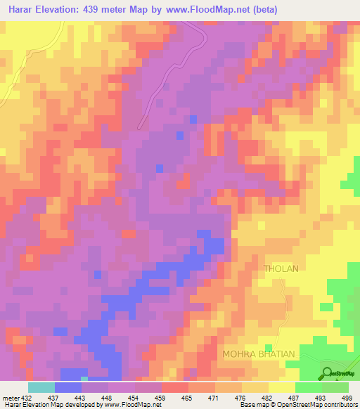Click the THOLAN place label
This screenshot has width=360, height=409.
click(x=281, y=268)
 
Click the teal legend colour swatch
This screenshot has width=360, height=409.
click(x=41, y=387)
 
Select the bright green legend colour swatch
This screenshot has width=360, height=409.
click(x=309, y=387)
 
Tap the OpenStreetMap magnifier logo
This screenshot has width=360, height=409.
click(x=327, y=372)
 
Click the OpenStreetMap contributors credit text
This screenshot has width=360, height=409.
click(x=319, y=405)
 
